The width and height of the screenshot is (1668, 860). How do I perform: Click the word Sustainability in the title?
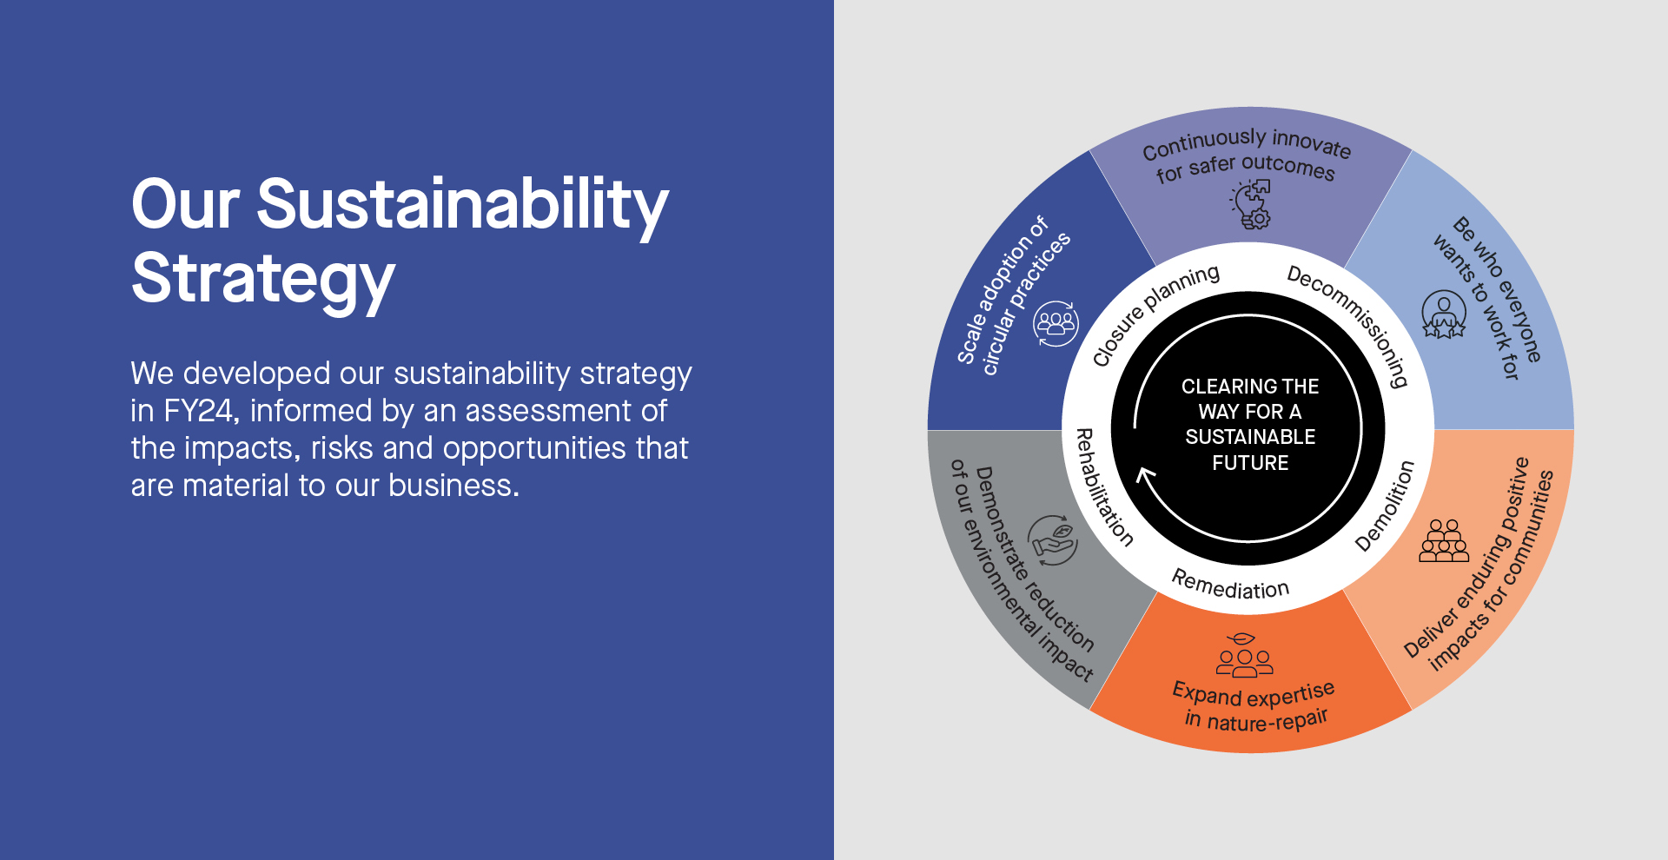(x=462, y=206)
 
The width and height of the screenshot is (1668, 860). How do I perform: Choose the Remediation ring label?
(x=1230, y=585)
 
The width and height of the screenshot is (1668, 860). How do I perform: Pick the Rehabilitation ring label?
(x=1103, y=486)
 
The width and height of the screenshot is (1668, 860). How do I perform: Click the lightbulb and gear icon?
(x=1251, y=205)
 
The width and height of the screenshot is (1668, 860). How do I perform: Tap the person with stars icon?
(x=1444, y=314)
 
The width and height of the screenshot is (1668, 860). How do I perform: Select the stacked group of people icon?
(x=1444, y=540)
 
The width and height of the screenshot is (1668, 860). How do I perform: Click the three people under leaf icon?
(x=1244, y=655)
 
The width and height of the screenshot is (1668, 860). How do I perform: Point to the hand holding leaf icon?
(x=1053, y=540)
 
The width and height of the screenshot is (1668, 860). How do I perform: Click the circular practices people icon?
(x=1056, y=324)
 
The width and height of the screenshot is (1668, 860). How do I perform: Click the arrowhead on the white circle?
(x=1146, y=476)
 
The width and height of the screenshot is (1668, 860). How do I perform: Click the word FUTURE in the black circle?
(x=1250, y=463)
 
